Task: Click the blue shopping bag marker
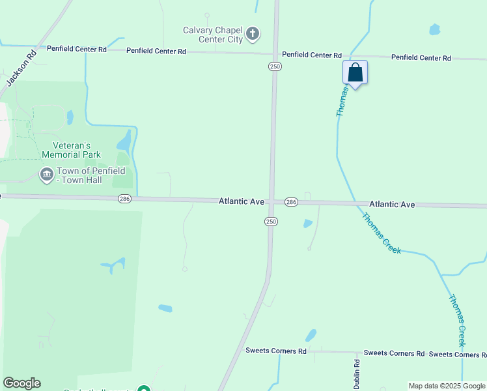coord(355,72)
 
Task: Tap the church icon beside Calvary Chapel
coord(253,33)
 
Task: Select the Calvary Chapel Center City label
coord(212,35)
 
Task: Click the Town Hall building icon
coord(46,174)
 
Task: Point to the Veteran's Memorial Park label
coord(71,150)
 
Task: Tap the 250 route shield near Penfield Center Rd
coord(275,66)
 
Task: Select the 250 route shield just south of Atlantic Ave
coord(271,222)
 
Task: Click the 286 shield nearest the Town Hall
coord(125,199)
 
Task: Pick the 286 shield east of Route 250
coord(291,202)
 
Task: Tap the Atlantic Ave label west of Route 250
coord(241,202)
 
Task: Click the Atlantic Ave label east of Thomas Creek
coord(392,204)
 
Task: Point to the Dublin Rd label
coord(356,373)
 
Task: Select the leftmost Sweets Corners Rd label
coord(275,351)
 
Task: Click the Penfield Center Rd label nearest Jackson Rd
coord(76,49)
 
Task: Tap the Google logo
coord(21,383)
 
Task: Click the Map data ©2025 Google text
coord(447,386)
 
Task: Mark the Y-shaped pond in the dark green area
coord(114,265)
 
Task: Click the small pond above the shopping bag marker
coord(434,29)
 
